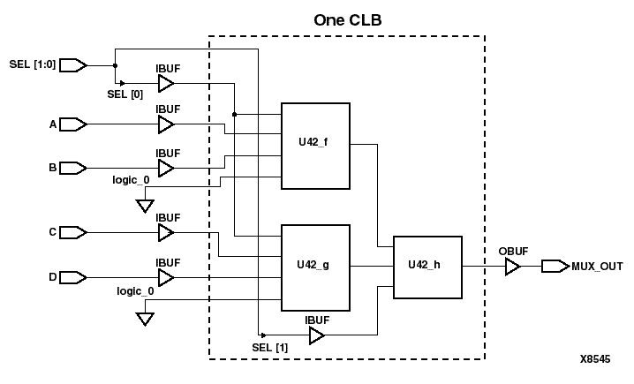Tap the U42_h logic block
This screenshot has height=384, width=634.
click(x=428, y=264)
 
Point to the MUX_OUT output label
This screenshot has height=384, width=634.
click(x=598, y=266)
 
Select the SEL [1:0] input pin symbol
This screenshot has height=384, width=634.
click(x=73, y=64)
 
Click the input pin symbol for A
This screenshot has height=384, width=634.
click(x=73, y=125)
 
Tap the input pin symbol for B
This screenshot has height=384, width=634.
click(x=73, y=167)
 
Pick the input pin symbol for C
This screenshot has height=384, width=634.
click(x=73, y=232)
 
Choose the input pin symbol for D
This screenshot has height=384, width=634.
click(x=73, y=278)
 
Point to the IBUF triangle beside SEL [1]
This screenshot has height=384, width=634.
click(x=317, y=336)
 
